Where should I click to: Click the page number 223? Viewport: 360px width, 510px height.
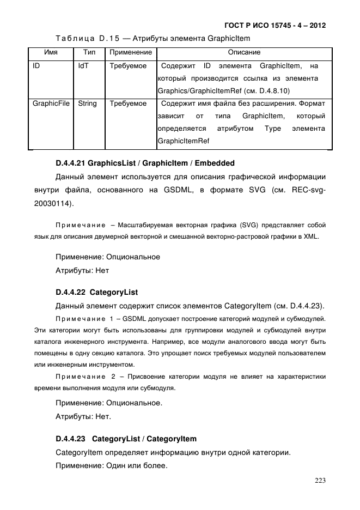(320, 481)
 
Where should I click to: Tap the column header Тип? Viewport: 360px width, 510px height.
(89, 53)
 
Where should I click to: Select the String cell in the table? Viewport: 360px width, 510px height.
(87, 104)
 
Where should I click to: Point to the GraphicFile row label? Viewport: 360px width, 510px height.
(51, 104)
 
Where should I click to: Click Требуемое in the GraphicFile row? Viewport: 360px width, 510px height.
(128, 104)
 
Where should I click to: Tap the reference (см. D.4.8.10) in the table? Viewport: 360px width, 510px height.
(268, 91)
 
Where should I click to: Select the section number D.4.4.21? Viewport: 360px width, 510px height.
(70, 163)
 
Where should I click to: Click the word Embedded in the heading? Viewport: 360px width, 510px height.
(215, 163)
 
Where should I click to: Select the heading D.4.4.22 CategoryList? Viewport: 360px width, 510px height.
(97, 292)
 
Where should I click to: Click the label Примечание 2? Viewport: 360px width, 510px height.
(84, 377)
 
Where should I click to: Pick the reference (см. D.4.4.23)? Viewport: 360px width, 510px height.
(300, 305)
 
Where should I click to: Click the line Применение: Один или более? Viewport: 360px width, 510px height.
(111, 466)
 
